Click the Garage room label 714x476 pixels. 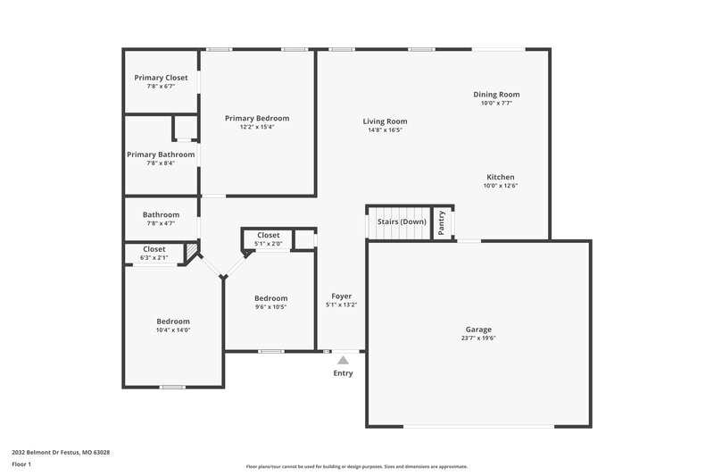pos(477,330)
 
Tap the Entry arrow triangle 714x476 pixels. pos(343,360)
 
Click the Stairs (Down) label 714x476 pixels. pos(402,221)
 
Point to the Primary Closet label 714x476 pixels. pos(161,78)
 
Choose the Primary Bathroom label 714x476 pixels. pos(161,154)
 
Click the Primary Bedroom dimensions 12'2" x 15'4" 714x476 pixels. pos(257,127)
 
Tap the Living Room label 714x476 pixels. pos(385,121)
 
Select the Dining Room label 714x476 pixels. pos(496,94)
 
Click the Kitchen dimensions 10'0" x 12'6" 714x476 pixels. pos(500,186)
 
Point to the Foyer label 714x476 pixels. pos(342,296)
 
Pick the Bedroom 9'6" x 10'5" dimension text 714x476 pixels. pos(270,306)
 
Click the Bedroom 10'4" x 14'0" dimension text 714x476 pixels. pos(173,330)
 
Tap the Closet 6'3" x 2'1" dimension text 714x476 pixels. pos(154,257)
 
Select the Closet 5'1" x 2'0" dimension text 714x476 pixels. pos(268,243)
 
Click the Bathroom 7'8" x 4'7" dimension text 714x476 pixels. pos(161,223)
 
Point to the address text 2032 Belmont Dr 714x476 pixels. pos(60,452)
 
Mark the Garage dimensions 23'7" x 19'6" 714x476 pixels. pos(477,338)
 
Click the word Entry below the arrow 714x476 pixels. pos(343,373)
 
